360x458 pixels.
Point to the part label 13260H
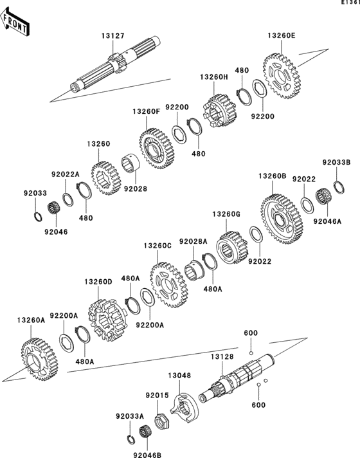(x=213, y=77)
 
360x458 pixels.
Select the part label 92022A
(x=65, y=174)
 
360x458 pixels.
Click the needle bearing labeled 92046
(x=54, y=209)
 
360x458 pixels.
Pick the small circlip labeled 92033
(x=37, y=213)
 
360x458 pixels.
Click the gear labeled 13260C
(x=169, y=284)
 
